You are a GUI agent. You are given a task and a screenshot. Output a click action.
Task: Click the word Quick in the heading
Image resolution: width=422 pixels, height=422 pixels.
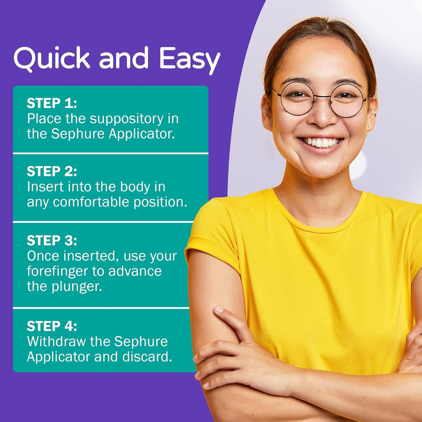point(52,59)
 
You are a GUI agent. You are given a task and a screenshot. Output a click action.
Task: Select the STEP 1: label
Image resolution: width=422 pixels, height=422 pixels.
point(52,103)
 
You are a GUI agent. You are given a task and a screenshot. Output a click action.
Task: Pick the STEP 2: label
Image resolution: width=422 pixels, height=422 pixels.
point(52,171)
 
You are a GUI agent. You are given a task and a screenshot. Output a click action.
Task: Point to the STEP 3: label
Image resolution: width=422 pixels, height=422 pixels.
point(52,240)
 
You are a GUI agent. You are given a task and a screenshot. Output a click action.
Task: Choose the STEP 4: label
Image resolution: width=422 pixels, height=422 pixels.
point(52,326)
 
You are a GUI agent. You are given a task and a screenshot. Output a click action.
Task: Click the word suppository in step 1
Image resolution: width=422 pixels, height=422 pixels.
point(127,120)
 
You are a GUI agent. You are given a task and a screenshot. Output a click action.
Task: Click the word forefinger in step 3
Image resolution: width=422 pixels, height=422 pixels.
point(58,271)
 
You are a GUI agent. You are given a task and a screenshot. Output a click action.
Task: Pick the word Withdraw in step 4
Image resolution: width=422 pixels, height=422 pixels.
point(56,341)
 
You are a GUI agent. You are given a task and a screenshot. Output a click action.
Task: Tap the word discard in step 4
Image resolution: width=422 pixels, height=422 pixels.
point(147,357)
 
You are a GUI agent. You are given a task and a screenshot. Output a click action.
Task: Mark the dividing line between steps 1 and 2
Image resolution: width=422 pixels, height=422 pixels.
point(111,154)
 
